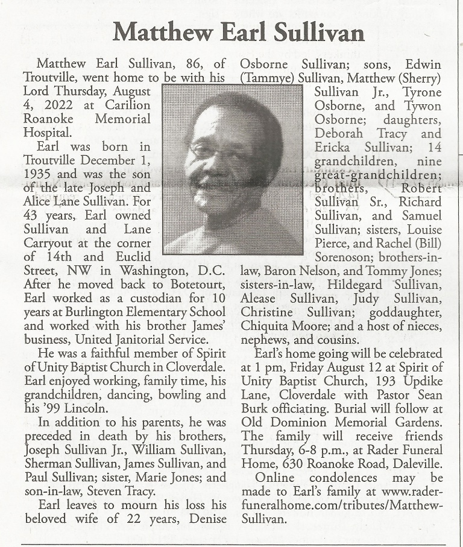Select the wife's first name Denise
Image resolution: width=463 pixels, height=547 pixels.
point(206,518)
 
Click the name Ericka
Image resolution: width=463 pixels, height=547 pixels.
point(335,147)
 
